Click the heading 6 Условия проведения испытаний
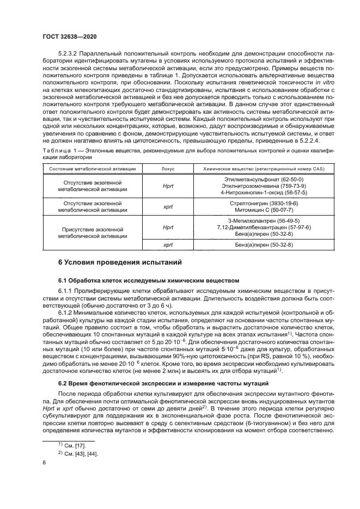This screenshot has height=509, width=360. point(120,262)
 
